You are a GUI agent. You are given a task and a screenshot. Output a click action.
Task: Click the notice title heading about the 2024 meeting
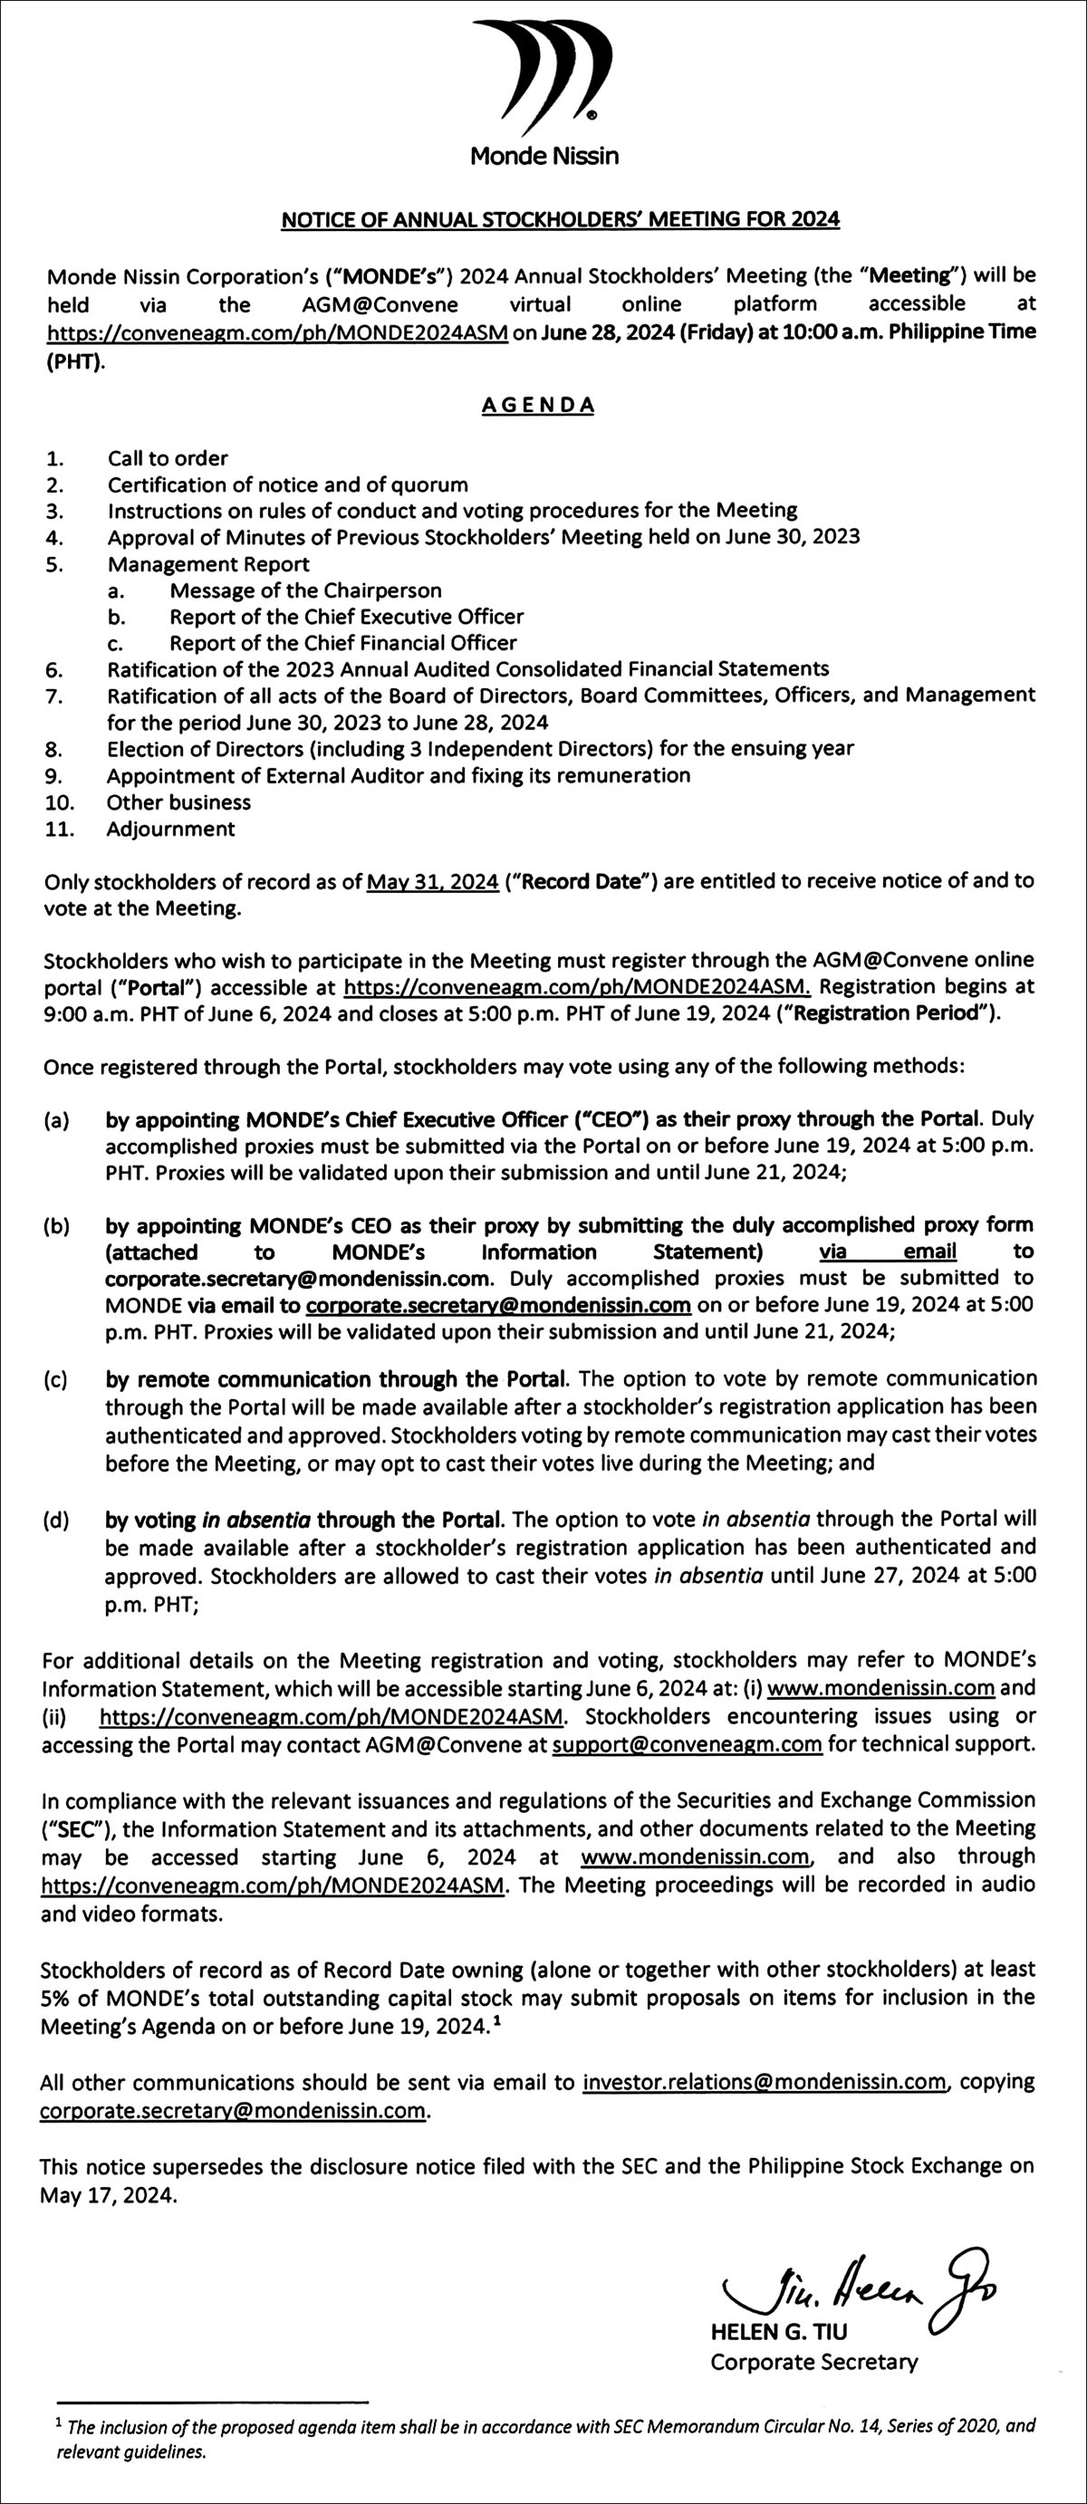(560, 220)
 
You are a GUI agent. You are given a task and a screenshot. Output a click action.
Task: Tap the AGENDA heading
(538, 406)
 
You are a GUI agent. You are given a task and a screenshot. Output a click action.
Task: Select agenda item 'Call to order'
(168, 458)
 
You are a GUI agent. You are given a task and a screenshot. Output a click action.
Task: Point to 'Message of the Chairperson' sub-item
(305, 590)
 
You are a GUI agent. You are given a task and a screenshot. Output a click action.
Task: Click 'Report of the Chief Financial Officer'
(342, 642)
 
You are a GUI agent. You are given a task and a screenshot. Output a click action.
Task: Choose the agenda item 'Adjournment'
(171, 829)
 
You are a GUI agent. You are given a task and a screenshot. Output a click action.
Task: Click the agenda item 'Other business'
(178, 802)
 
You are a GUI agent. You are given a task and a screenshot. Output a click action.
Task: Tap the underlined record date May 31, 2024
(433, 882)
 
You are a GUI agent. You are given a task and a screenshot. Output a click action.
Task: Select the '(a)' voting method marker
(55, 1120)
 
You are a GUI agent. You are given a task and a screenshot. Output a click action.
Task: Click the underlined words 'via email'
(888, 1252)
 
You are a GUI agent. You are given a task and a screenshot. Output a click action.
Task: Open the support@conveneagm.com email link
(687, 1744)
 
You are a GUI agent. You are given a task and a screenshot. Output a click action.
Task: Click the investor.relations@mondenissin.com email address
(765, 2081)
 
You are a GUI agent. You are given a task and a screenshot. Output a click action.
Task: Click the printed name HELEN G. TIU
(779, 2331)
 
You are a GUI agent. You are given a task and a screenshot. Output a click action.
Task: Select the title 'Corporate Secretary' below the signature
(813, 2361)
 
